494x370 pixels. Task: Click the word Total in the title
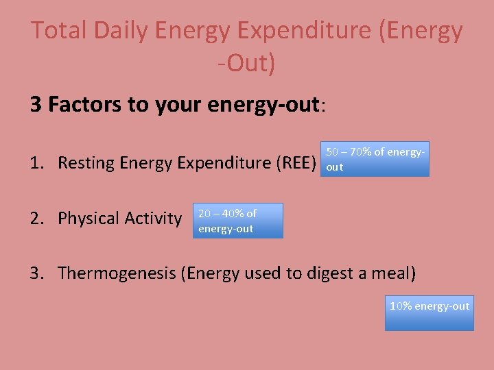tap(58, 31)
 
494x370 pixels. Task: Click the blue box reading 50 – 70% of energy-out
tap(375, 159)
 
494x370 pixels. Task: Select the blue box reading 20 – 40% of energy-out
tap(238, 221)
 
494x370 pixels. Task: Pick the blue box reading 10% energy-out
tap(429, 312)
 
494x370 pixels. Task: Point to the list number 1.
tap(36, 163)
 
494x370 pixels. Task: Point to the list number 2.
tap(36, 219)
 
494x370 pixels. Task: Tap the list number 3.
tap(36, 273)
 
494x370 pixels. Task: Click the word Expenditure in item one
tap(216, 163)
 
